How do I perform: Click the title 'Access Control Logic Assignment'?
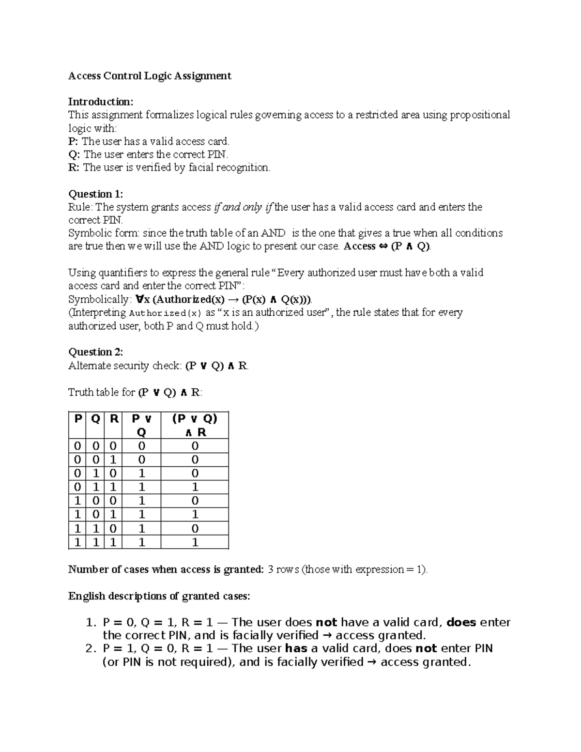click(x=150, y=76)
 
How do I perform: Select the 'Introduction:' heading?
click(x=100, y=102)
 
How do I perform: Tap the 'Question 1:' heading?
click(x=95, y=194)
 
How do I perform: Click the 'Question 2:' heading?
click(x=95, y=352)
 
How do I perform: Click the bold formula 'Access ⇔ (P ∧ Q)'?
click(x=386, y=246)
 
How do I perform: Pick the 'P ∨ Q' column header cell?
click(x=141, y=425)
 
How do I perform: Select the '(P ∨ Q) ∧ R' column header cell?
click(x=195, y=425)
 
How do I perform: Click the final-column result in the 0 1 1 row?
click(x=195, y=487)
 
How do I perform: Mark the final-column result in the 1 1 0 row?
click(x=195, y=529)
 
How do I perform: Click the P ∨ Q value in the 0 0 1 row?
click(x=141, y=460)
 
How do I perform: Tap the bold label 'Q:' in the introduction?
click(x=75, y=154)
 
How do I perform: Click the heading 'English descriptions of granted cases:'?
click(x=159, y=596)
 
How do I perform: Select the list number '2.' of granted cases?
click(x=91, y=649)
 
